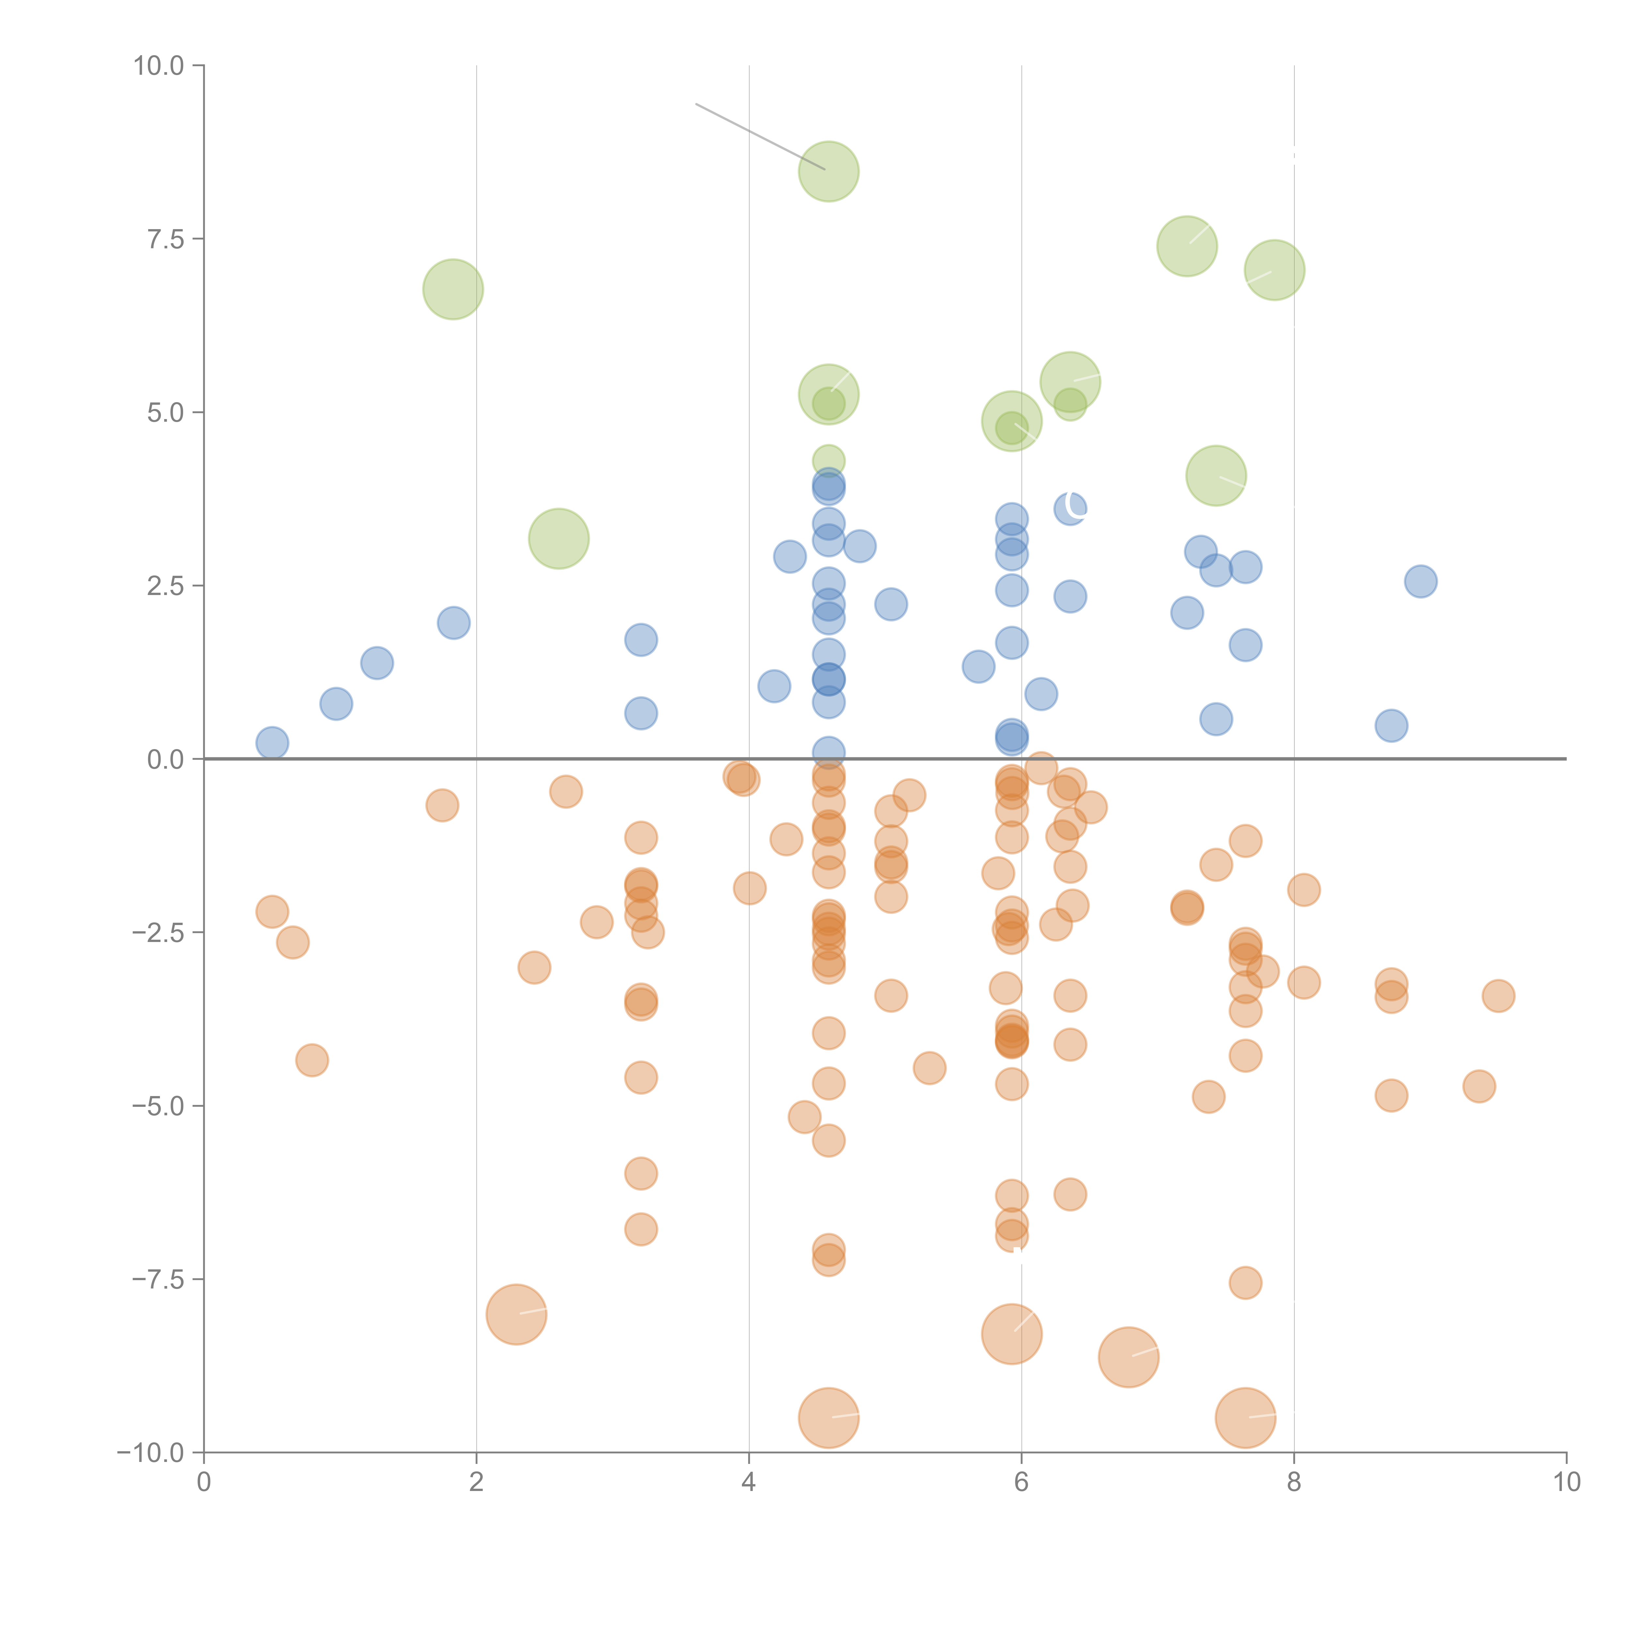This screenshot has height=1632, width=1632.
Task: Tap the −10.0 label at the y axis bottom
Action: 150,1453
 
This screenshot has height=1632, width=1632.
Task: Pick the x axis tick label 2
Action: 477,1483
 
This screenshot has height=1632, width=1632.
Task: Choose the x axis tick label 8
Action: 1294,1483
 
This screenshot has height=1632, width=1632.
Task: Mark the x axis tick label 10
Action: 1566,1483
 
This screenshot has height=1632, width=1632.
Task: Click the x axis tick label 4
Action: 748,1483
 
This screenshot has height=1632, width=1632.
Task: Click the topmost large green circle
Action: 829,171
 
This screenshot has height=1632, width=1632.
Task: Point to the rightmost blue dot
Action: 1421,581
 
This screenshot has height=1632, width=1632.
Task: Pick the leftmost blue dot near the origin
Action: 272,743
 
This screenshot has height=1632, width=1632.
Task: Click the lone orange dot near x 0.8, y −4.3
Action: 312,1060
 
